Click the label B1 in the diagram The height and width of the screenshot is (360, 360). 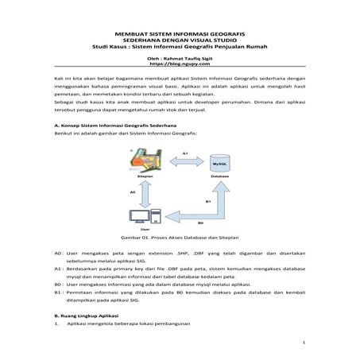(208, 201)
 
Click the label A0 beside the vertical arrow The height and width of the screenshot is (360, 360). (131, 192)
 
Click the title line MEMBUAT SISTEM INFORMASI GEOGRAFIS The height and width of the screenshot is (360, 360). (180, 36)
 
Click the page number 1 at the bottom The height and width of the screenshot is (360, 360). (304, 343)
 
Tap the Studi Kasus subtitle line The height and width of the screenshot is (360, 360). (180, 47)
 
